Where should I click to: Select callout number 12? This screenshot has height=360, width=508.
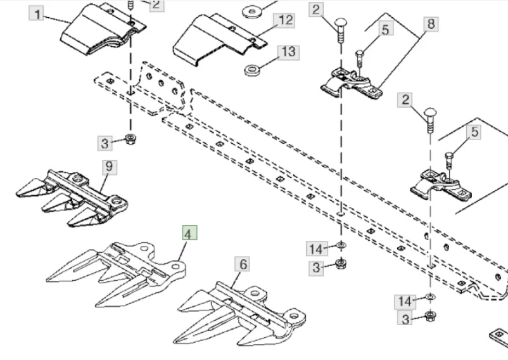coord(286,21)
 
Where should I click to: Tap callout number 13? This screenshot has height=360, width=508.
coord(288,51)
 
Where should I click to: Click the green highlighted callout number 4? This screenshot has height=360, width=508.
coord(189,234)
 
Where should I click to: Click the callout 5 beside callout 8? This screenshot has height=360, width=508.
coord(385,29)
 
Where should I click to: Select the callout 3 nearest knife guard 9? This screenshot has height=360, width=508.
coord(105,143)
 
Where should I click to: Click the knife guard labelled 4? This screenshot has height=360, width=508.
coord(114,266)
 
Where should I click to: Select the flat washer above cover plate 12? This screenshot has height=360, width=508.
coord(253,10)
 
